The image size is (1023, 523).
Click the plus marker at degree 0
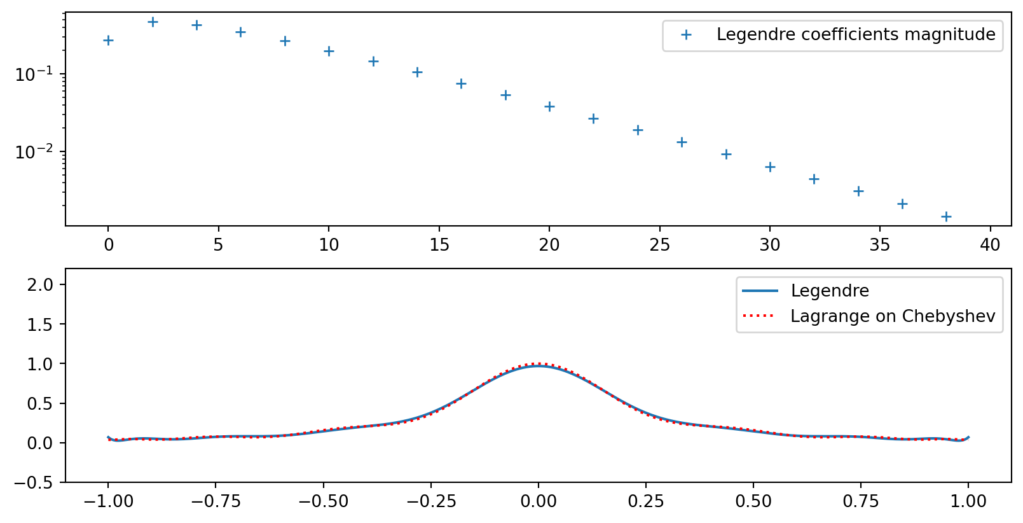click(108, 41)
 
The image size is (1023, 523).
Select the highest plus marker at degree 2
click(153, 22)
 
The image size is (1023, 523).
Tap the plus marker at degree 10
click(329, 51)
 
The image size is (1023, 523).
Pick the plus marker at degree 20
click(549, 106)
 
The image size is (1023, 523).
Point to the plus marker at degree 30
click(770, 167)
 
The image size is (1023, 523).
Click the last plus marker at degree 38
click(946, 216)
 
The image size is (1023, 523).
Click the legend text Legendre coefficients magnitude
click(856, 34)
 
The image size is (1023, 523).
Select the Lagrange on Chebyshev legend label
click(893, 316)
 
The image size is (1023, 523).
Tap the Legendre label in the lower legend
click(830, 291)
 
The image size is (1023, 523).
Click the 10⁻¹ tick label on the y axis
click(34, 74)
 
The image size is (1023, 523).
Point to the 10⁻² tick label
click(34, 152)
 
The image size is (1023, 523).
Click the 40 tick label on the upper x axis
click(990, 245)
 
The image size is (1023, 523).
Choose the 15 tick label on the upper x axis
click(439, 245)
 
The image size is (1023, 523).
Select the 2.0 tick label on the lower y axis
click(40, 284)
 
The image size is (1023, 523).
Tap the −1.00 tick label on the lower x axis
click(108, 501)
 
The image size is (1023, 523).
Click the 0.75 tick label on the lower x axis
click(861, 501)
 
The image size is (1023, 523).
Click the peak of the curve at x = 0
click(539, 366)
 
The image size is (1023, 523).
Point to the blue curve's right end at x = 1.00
click(968, 437)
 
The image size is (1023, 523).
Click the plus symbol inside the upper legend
click(686, 35)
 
